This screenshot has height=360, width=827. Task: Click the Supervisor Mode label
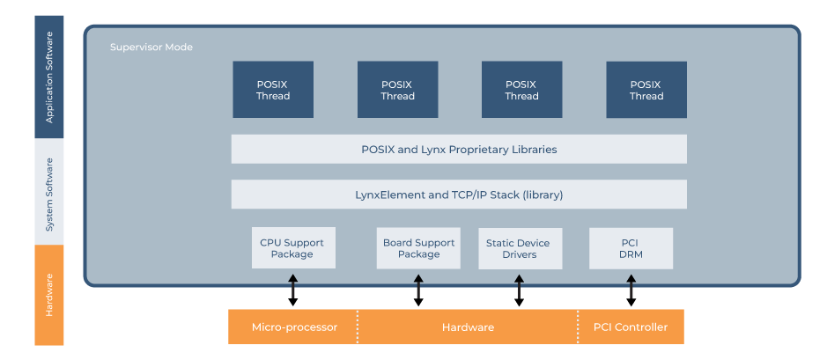click(151, 47)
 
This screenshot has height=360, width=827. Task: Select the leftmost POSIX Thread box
click(273, 90)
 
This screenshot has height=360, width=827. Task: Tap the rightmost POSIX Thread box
click(646, 90)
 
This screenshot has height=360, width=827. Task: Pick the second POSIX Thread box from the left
click(397, 90)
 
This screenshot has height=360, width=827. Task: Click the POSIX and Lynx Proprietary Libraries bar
click(459, 149)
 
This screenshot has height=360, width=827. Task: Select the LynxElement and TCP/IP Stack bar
click(459, 195)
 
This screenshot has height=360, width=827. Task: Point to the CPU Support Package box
click(292, 248)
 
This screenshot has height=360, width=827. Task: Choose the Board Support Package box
click(418, 248)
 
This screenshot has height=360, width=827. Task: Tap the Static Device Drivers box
click(518, 248)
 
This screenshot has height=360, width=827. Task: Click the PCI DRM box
click(631, 248)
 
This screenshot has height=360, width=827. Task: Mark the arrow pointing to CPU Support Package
click(293, 286)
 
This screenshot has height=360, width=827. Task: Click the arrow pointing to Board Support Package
click(418, 286)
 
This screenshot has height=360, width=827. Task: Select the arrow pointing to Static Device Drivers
click(519, 286)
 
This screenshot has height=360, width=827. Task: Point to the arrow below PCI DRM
click(631, 286)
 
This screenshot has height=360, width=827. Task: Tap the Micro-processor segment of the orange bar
click(294, 327)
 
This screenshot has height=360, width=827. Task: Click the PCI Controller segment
click(631, 327)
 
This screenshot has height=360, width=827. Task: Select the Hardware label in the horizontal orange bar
click(468, 327)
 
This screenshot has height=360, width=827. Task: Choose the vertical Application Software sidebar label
click(49, 77)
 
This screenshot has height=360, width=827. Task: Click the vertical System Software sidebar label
click(49, 194)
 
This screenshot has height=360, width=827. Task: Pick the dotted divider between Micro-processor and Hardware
click(358, 327)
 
